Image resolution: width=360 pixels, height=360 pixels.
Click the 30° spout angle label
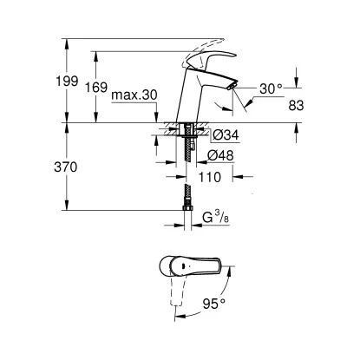(x=272, y=88)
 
